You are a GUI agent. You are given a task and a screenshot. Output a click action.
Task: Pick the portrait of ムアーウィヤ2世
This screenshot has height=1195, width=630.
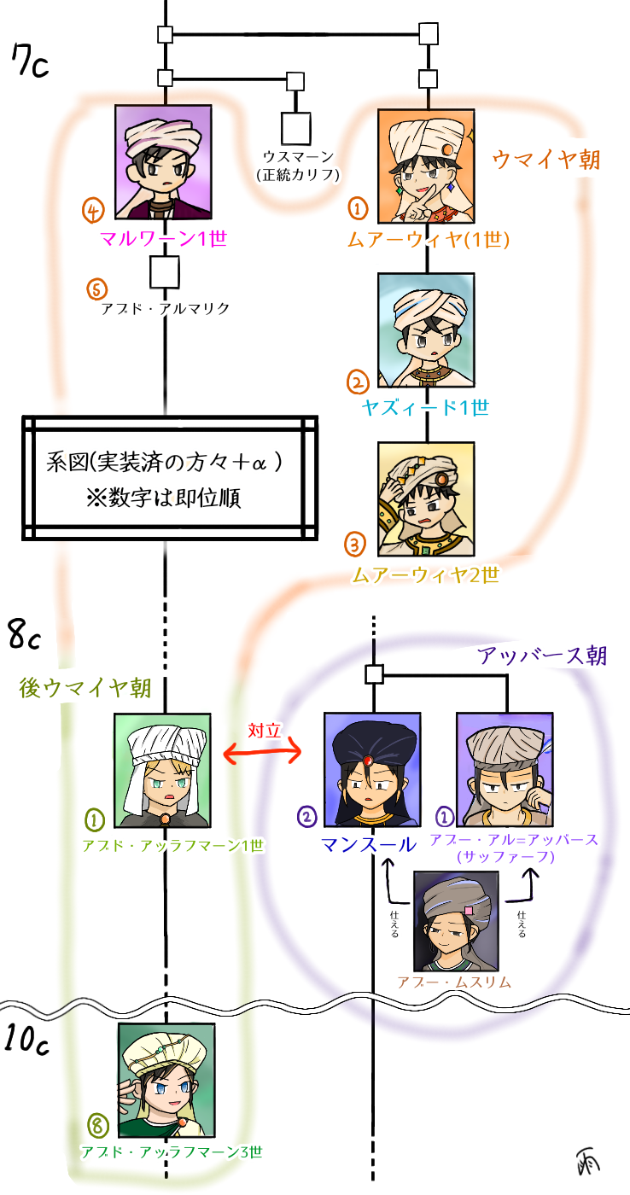[x=425, y=498]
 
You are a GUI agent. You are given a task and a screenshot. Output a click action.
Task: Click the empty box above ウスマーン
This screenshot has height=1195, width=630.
[x=295, y=128]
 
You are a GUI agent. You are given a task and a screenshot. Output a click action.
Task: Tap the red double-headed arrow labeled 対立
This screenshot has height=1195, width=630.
[x=263, y=751]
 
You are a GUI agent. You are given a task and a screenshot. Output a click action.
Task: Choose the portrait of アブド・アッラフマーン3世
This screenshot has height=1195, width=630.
[x=166, y=1080]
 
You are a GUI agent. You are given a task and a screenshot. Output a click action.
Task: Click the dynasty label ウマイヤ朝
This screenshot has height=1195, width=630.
[x=546, y=160]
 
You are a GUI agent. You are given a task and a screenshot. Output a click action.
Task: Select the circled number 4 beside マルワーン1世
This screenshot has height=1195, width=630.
[x=93, y=209]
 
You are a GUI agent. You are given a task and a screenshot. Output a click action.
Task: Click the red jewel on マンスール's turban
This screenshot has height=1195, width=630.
[x=367, y=761]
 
